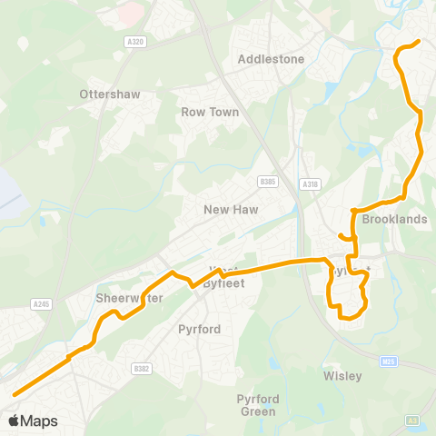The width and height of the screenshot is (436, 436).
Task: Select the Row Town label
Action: [210, 113]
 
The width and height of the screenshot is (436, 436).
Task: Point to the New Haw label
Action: [231, 210]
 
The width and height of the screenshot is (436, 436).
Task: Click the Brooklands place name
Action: [394, 220]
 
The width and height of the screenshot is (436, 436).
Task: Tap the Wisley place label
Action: [342, 376]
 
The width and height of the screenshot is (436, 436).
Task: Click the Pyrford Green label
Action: [257, 405]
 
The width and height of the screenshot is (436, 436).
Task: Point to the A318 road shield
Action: [312, 184]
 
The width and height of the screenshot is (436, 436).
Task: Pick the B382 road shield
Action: [140, 368]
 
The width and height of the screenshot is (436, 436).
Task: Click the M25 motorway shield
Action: [389, 362]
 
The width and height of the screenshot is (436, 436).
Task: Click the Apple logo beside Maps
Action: [14, 421]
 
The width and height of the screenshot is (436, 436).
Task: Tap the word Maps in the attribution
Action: [40, 421]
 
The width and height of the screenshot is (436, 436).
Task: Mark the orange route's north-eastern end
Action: [418, 42]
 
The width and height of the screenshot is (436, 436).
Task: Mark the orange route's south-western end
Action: [15, 394]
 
